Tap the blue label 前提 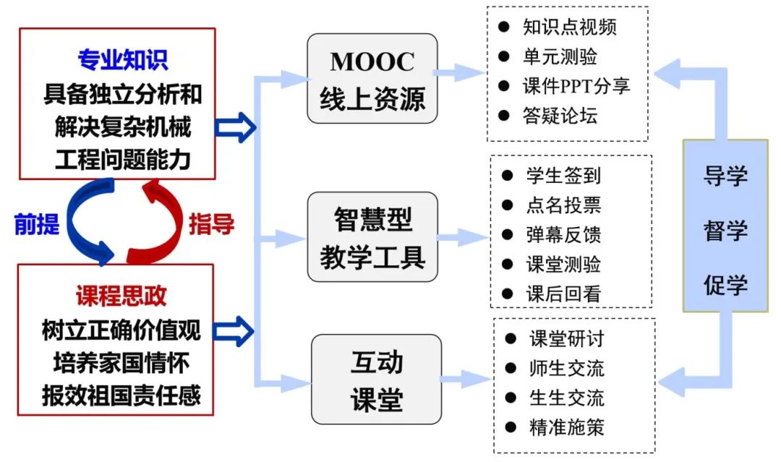[37, 225]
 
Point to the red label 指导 [211, 225]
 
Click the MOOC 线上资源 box [372, 78]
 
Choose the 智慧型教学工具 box [372, 237]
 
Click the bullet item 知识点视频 [569, 27]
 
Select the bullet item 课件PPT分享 [576, 85]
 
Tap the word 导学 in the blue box [725, 176]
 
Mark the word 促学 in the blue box [725, 284]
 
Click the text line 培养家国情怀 [121, 362]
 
